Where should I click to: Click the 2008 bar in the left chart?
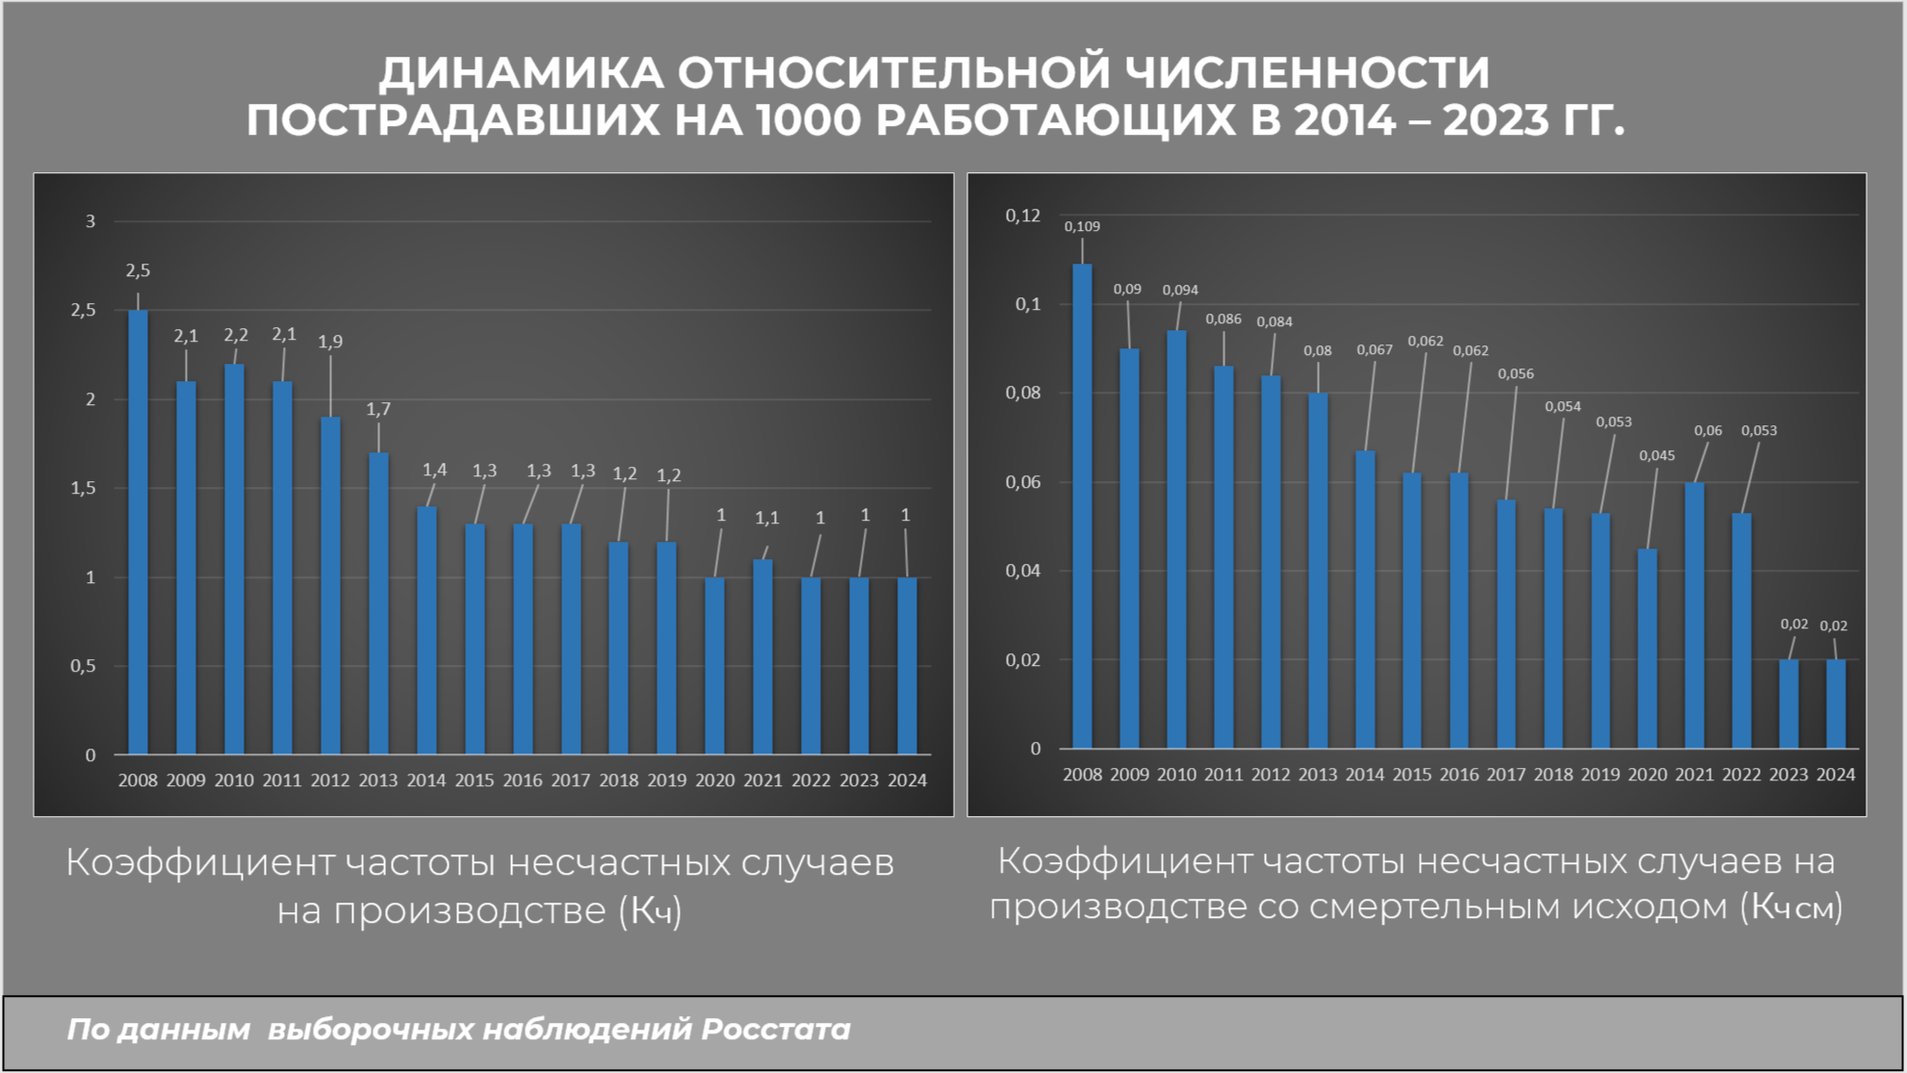click(x=138, y=531)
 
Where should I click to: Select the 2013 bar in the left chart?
click(x=378, y=602)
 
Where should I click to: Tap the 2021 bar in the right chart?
click(x=1694, y=616)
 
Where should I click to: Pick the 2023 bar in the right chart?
click(x=1789, y=704)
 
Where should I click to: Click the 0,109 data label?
click(x=1082, y=227)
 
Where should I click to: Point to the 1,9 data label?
click(x=330, y=342)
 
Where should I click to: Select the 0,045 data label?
click(x=1657, y=456)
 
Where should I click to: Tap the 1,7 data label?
click(x=378, y=410)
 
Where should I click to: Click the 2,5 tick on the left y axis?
click(x=84, y=310)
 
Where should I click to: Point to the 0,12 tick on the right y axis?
click(x=1023, y=216)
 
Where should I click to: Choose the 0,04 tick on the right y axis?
click(x=1023, y=571)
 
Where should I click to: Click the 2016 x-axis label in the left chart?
click(x=522, y=780)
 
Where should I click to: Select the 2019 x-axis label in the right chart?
click(x=1600, y=775)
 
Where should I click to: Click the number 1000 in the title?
click(x=809, y=121)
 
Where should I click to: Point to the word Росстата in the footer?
click(x=776, y=1030)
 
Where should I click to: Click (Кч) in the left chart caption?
click(x=651, y=910)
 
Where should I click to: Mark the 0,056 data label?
click(x=1515, y=374)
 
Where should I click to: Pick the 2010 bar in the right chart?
click(x=1176, y=539)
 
